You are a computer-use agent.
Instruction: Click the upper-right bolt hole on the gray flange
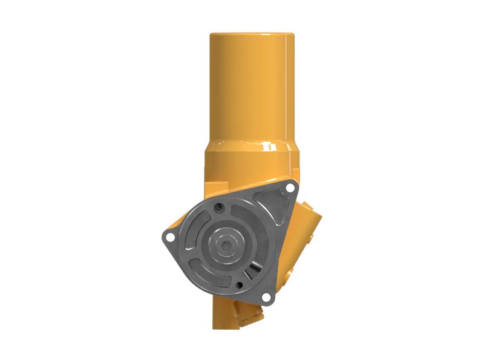pyautogui.click(x=290, y=189)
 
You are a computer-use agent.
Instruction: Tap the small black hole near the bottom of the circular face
pyautogui.click(x=241, y=284)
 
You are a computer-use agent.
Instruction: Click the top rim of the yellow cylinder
pyautogui.click(x=252, y=34)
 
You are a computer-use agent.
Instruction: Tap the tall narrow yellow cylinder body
pyautogui.click(x=252, y=91)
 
